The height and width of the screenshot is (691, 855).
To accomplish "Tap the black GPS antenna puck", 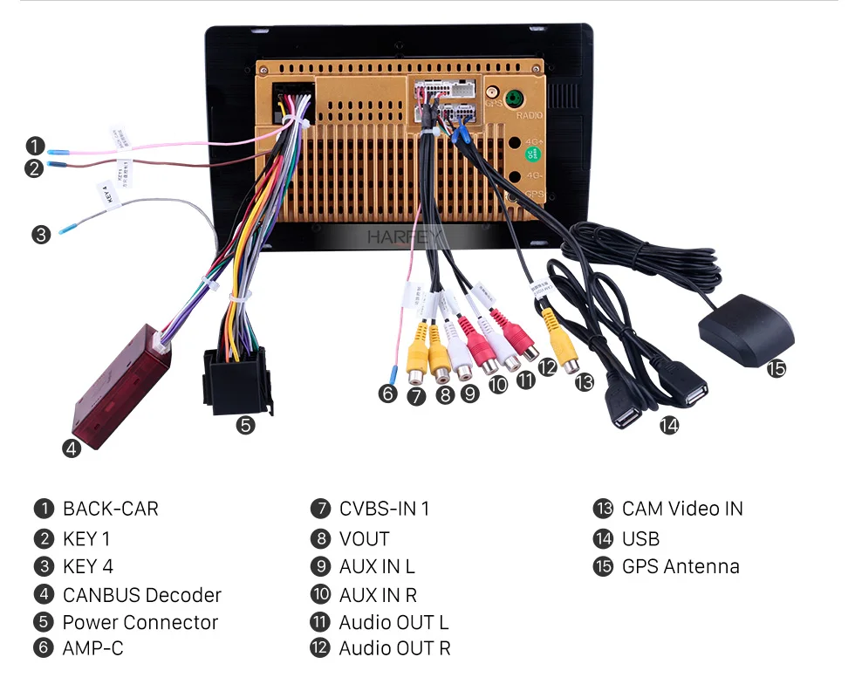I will click(747, 330).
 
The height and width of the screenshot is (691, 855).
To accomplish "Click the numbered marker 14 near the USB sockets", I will click(668, 426).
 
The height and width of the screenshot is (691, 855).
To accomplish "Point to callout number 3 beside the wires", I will click(41, 234).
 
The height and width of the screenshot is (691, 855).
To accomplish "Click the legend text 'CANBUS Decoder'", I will click(142, 595).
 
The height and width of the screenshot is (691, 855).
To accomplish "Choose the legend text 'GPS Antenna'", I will click(681, 566).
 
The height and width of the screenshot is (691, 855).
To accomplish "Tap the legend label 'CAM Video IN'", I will click(682, 509).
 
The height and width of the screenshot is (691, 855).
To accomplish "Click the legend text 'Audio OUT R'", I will click(394, 648).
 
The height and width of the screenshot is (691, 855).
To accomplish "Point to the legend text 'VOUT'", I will click(364, 539).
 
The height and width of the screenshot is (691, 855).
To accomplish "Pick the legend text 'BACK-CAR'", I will click(111, 509).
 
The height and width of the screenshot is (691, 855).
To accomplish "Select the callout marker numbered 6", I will click(387, 393).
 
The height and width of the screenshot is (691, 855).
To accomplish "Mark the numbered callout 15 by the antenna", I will click(776, 368).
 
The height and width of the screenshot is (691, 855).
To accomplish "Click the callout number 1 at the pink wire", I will click(34, 146).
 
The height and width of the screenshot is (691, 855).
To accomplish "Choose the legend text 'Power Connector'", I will click(140, 622).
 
